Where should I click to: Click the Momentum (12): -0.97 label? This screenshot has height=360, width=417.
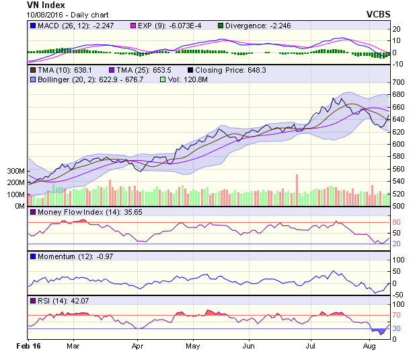pyautogui.click(x=70, y=256)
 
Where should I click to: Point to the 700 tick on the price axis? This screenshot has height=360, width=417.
pyautogui.click(x=400, y=82)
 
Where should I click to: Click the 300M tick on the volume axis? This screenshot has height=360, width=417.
pyautogui.click(x=15, y=172)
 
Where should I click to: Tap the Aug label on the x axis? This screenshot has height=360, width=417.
pyautogui.click(x=369, y=347)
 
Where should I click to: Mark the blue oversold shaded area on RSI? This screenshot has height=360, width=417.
pyautogui.click(x=381, y=330)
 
